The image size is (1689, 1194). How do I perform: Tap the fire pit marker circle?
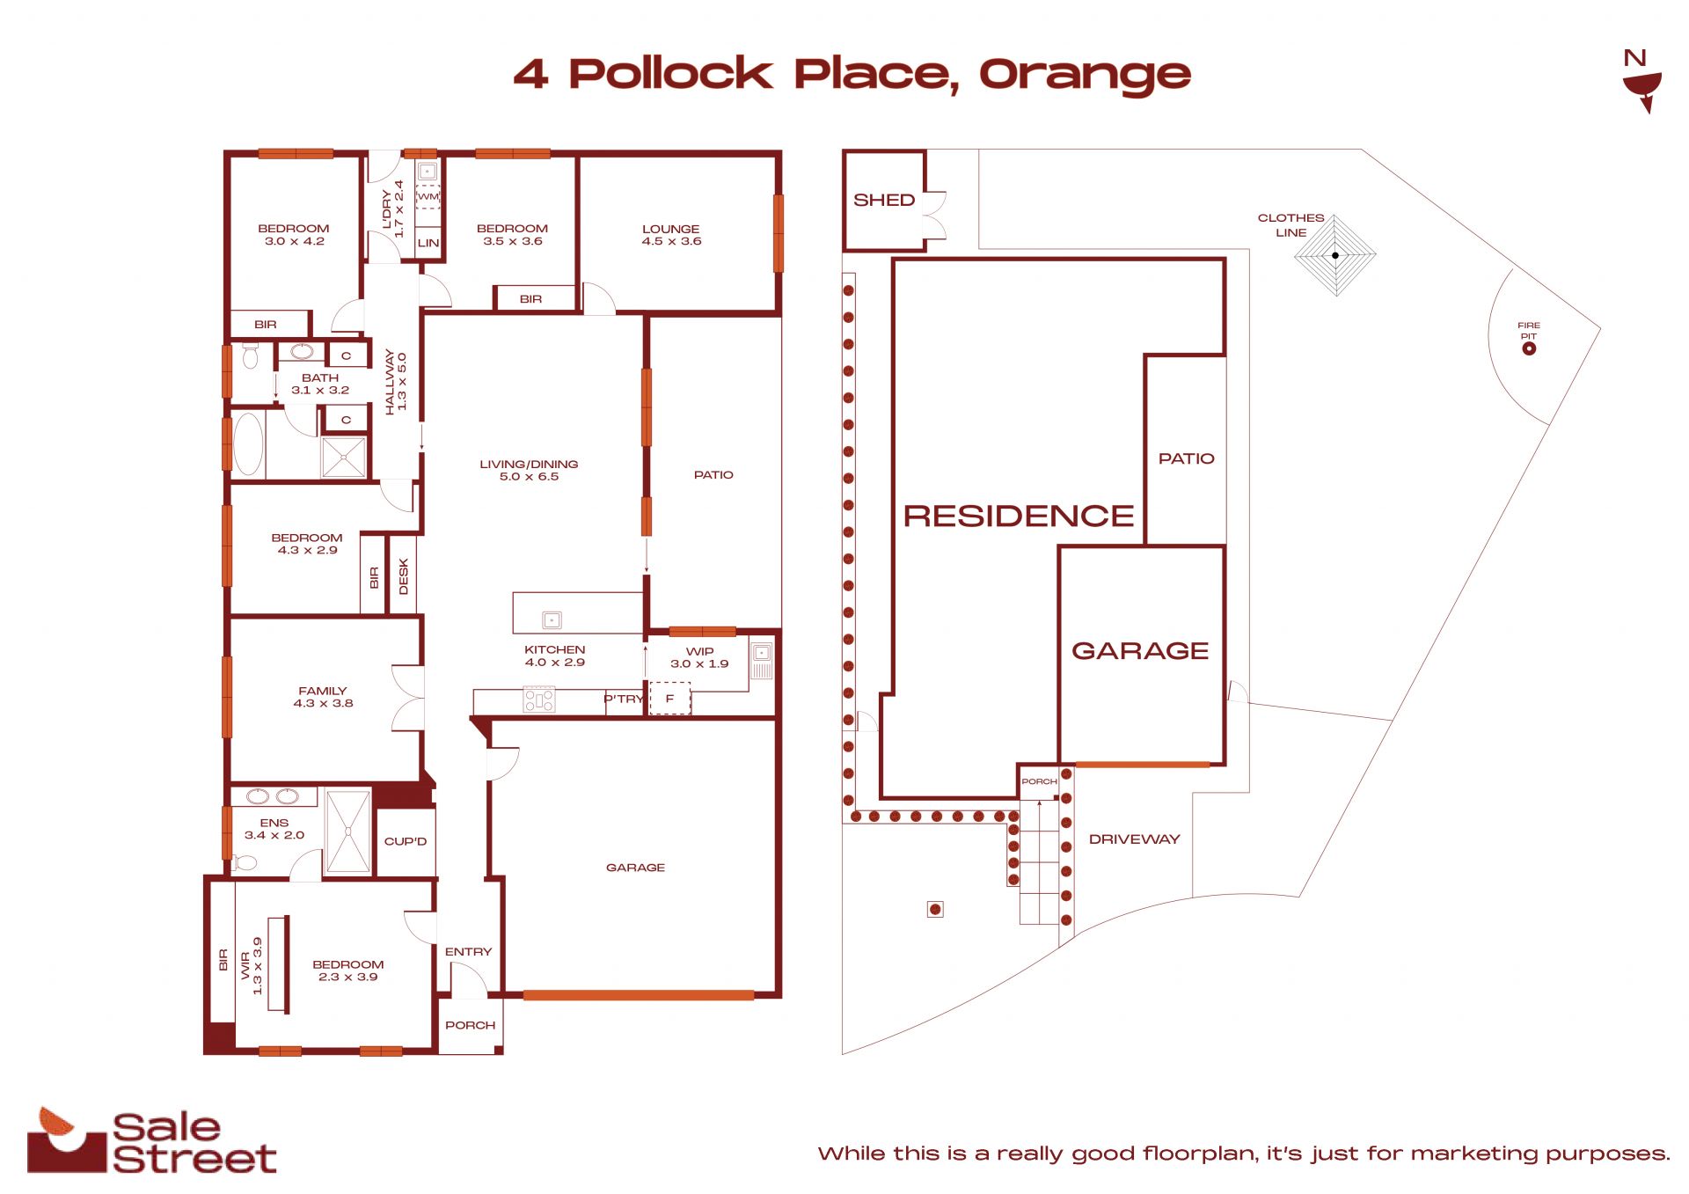[x=1529, y=348]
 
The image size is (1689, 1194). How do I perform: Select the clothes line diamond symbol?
[x=1335, y=255]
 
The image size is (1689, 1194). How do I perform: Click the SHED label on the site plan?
[x=884, y=201]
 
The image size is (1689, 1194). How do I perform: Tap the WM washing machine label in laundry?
[x=428, y=196]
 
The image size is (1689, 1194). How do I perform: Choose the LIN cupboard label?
[x=428, y=244]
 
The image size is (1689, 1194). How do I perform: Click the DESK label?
[x=404, y=577]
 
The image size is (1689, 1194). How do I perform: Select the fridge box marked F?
[x=669, y=699]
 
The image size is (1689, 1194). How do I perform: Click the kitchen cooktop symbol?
[x=539, y=700]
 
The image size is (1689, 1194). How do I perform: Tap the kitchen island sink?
[x=552, y=620]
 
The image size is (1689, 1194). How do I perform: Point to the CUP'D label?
[x=406, y=842]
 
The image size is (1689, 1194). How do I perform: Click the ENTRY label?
[x=469, y=952]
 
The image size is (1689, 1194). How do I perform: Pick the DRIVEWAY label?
[x=1134, y=839]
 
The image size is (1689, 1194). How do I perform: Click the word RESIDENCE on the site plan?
[x=1019, y=516]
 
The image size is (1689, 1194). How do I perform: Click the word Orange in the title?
[x=1085, y=75]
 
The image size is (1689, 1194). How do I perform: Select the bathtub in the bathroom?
[x=249, y=444]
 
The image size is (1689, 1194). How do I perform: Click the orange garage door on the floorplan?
[x=639, y=995]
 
